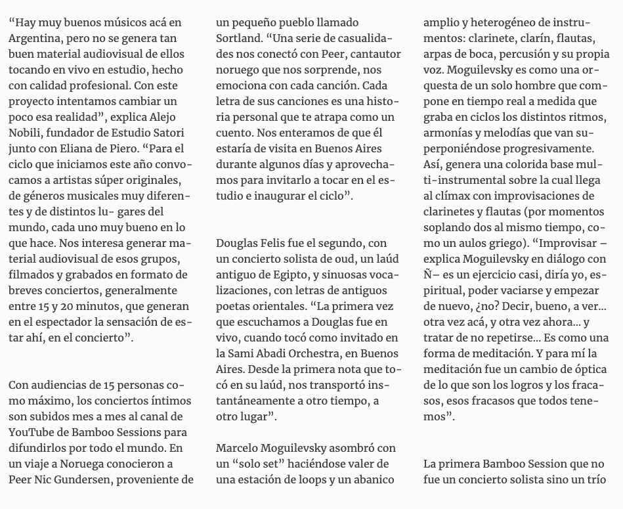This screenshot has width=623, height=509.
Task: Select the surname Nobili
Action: [x=26, y=133]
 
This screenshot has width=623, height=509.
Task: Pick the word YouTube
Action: [x=33, y=433]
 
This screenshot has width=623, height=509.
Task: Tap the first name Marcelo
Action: [x=239, y=449]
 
